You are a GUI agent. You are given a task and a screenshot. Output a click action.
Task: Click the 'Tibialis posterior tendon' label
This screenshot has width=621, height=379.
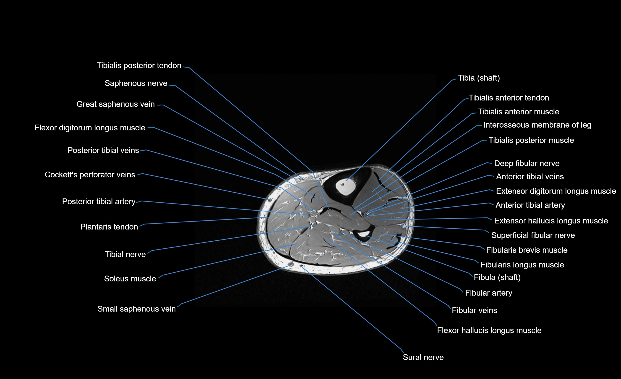coord(139,65)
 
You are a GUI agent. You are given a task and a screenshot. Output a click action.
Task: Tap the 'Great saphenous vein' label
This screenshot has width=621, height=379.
coord(115,104)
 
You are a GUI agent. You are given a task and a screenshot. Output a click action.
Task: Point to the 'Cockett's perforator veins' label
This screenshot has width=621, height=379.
coord(90,175)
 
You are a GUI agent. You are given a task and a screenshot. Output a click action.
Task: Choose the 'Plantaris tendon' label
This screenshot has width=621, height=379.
coord(109,227)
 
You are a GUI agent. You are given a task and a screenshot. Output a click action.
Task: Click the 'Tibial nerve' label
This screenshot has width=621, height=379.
coord(125,254)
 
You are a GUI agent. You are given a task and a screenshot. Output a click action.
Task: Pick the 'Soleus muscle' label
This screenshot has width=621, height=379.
coord(130,279)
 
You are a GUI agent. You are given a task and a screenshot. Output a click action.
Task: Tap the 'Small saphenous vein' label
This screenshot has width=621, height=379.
coord(136,309)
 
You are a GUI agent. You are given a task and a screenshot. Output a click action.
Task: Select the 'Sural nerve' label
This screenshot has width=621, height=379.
coord(423,357)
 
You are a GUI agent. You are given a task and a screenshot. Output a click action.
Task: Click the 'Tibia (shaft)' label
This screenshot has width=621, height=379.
coord(479,78)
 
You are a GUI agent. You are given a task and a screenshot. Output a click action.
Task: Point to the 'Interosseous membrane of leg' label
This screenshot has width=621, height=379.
coord(537,125)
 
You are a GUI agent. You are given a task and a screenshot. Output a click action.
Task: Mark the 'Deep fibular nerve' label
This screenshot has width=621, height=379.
coord(527,163)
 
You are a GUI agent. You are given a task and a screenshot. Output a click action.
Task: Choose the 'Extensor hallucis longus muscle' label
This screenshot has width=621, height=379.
coord(551,221)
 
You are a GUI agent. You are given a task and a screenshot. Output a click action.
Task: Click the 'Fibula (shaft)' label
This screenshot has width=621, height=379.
coord(497,278)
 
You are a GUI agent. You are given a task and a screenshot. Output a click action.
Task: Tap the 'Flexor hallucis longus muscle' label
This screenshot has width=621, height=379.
coord(489,330)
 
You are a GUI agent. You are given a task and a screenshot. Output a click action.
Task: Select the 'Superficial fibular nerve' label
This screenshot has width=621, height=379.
coord(533,235)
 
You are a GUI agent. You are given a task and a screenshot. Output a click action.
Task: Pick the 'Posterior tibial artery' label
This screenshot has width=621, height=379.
coord(99,202)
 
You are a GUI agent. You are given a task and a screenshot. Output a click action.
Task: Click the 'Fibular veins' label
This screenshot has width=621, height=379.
coord(474,310)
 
